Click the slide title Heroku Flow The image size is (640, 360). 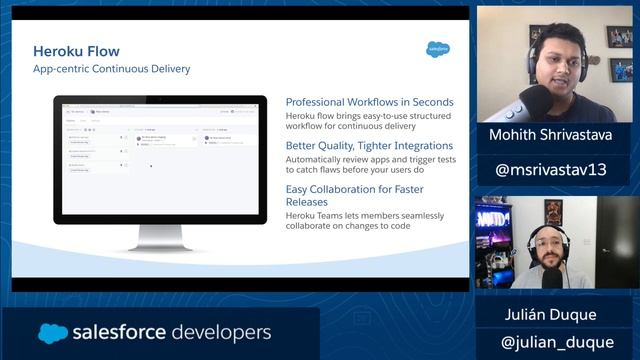[76, 51]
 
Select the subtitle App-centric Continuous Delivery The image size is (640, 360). [112, 69]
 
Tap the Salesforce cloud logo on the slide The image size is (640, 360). [438, 48]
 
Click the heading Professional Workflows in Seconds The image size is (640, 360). [369, 102]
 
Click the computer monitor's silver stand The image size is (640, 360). [160, 234]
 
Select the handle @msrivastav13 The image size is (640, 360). [552, 169]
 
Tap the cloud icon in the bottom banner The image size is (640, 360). [53, 333]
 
